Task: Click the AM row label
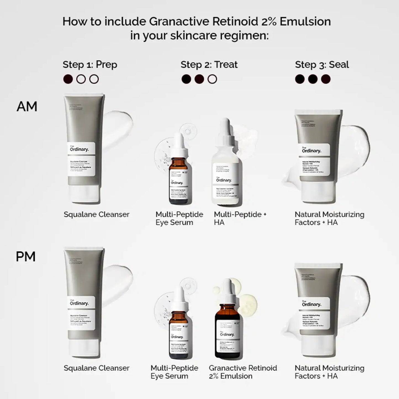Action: pos(27,107)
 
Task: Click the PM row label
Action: pos(26,257)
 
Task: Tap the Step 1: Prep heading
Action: pos(90,65)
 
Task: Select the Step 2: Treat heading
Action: pos(209,65)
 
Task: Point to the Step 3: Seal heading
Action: pos(322,65)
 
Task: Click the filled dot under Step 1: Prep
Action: pos(68,79)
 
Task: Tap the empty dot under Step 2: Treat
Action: pos(212,79)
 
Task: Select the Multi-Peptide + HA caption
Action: pos(240,218)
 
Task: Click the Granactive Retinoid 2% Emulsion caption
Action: pos(243,372)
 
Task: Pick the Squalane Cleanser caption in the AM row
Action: pos(96,215)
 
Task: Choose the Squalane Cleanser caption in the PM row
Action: pos(96,368)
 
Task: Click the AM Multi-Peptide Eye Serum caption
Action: pos(179,218)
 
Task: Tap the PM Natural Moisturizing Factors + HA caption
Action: pos(329,372)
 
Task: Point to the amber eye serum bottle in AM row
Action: pos(180,179)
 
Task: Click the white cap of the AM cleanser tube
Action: pos(84,195)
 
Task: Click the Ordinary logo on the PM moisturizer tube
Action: pos(311,304)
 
